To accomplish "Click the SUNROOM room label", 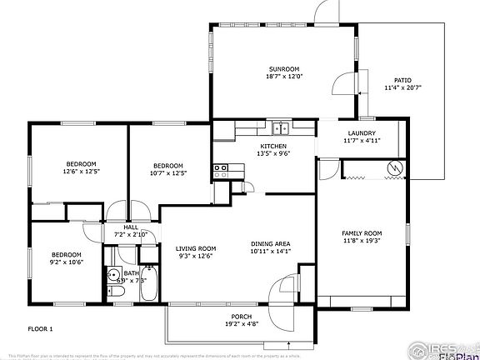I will pyautogui.click(x=284, y=68).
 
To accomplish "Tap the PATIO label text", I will pyautogui.click(x=403, y=80).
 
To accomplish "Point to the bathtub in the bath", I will pyautogui.click(x=149, y=282).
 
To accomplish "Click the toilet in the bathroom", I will pyautogui.click(x=116, y=292).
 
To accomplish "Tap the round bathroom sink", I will pyautogui.click(x=112, y=274).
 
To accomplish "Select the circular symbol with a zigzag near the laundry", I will pyautogui.click(x=394, y=170).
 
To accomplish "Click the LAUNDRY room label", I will pyautogui.click(x=362, y=133).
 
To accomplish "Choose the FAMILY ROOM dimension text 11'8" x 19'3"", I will pyautogui.click(x=362, y=241).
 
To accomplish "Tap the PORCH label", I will pyautogui.click(x=241, y=317).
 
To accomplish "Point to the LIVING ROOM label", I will pyautogui.click(x=196, y=248).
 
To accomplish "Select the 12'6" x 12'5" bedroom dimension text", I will pyautogui.click(x=81, y=172).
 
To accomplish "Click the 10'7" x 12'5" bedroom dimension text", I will pyautogui.click(x=167, y=173).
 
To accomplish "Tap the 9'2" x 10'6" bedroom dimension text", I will pyautogui.click(x=67, y=262).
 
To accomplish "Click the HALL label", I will pyautogui.click(x=131, y=227).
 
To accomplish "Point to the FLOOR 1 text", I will pyautogui.click(x=40, y=329).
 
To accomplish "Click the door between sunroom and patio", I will pyautogui.click(x=342, y=84).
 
